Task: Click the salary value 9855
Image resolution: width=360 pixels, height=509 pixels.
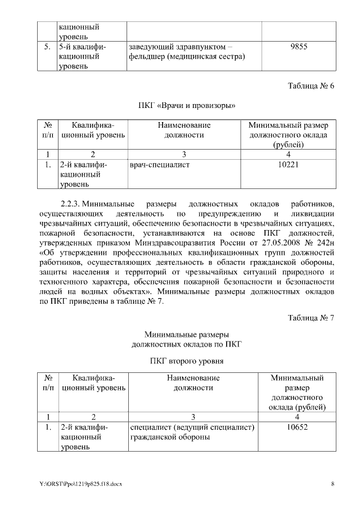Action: pos(299,47)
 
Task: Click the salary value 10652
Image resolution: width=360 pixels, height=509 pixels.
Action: pos(296,427)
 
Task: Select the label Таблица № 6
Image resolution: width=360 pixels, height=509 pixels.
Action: pos(311,86)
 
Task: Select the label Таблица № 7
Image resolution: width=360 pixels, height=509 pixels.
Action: pos(311,318)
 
